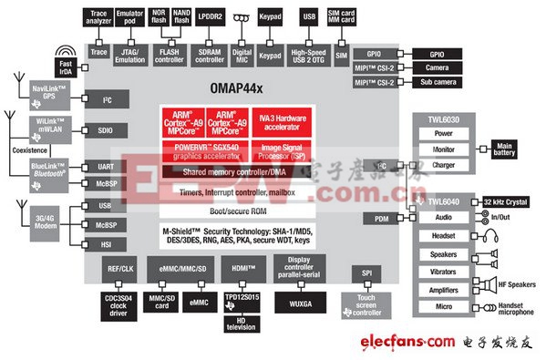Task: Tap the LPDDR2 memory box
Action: click(x=212, y=16)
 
